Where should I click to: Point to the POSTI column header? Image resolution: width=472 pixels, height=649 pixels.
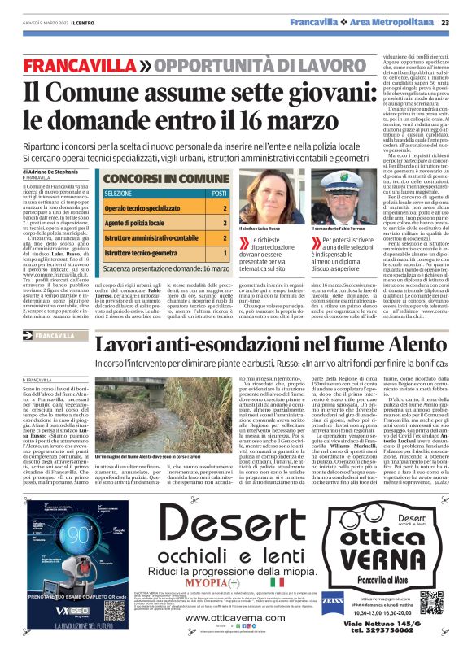click(219, 194)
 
